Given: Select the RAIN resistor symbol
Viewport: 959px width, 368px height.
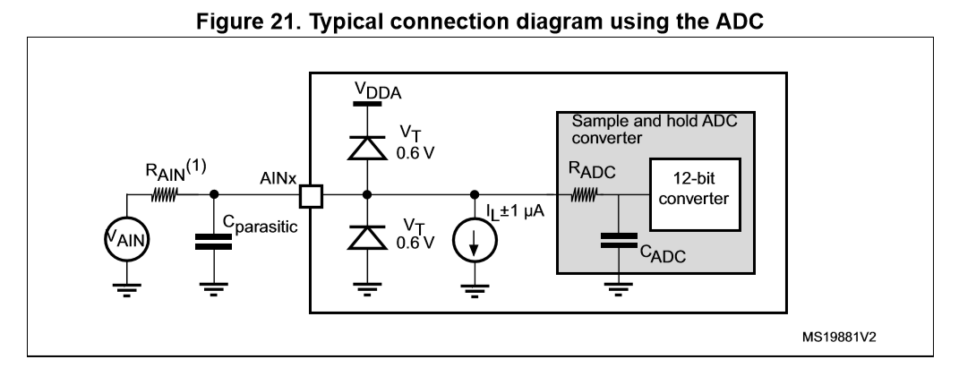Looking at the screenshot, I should click(167, 193).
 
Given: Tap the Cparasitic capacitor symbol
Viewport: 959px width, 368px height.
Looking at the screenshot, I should click(213, 241).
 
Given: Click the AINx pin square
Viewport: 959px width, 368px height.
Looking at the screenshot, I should click(311, 193).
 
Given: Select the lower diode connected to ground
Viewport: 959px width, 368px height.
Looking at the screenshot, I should click(365, 237).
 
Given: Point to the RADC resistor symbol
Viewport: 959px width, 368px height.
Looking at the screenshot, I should click(582, 193).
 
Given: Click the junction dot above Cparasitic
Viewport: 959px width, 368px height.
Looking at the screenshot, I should click(213, 193).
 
